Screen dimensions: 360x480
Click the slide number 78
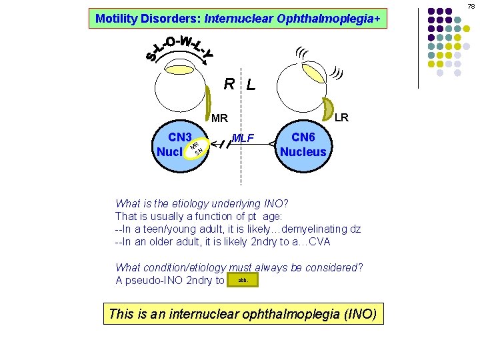tap(471, 6)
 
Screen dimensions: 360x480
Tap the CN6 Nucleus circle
tap(303, 143)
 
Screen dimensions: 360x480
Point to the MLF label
tap(243, 138)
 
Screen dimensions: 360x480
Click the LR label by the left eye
tap(341, 118)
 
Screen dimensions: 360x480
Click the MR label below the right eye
tap(219, 119)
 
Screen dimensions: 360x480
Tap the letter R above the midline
tap(229, 84)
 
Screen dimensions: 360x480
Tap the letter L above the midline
tap(250, 85)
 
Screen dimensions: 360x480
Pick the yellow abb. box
tap(243, 281)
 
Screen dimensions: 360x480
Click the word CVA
tap(315, 241)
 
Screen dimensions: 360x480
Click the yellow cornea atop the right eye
tap(179, 69)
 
